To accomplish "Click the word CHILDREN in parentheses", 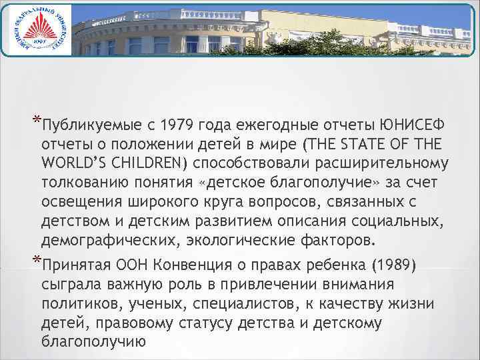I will pos(161,163).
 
